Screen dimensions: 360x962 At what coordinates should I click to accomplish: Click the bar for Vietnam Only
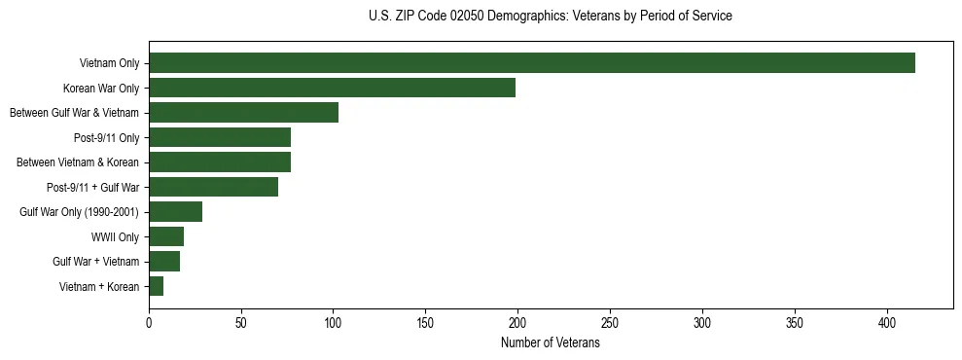(x=532, y=63)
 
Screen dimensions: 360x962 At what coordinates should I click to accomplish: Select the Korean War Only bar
(x=332, y=88)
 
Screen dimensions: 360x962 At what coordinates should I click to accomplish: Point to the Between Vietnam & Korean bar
(x=220, y=162)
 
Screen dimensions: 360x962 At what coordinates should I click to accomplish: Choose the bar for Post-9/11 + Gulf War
(x=213, y=187)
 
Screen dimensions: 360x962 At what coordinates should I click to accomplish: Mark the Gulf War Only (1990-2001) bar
(x=175, y=211)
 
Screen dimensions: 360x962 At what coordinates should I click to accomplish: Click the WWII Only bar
(x=166, y=236)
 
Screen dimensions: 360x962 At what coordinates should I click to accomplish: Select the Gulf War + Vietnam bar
(x=164, y=261)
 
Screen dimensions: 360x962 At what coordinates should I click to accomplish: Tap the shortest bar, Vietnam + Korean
(x=156, y=286)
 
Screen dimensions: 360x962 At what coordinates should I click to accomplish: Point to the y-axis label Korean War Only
(x=108, y=89)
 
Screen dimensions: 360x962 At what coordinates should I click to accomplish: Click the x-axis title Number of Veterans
(x=550, y=343)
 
